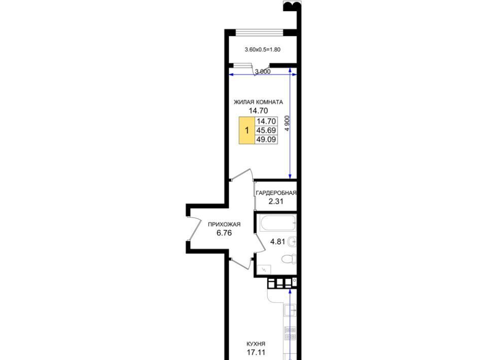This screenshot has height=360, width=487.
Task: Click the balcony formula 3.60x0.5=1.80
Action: pos(262,49)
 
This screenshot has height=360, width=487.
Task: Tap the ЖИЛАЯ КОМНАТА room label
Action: pos(258,102)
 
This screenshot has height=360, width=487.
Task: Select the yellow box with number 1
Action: pos(247,130)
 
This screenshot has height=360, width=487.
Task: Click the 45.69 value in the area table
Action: pos(266,130)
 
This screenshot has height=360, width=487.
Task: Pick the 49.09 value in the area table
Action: pos(266,139)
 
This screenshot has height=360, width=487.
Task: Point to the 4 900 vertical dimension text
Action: pos(287,123)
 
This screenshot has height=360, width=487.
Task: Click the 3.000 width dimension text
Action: pos(263,71)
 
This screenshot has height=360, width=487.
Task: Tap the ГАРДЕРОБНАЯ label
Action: pos(276,193)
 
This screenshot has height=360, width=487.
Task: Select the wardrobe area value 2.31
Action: pos(276,201)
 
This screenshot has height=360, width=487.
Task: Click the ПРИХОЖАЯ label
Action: pos(224,224)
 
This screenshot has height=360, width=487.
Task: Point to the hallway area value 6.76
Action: pos(224,233)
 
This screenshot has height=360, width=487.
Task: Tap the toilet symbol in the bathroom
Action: pos(289,259)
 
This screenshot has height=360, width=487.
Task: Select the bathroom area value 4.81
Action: pos(277,241)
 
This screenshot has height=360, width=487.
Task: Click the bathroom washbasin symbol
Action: pos(292,241)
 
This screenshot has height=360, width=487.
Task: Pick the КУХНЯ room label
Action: pos(256,344)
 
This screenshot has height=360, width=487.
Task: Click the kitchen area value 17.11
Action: pos(256,352)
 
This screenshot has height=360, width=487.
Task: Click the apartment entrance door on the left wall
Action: pos(195,228)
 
